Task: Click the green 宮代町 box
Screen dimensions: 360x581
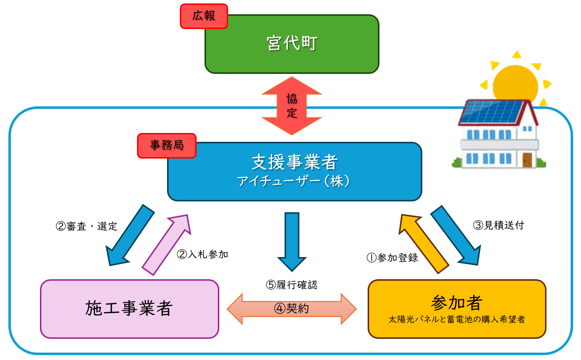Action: coord(292,44)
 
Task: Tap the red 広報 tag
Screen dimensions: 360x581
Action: coord(204,16)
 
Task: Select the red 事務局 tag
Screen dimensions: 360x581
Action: coord(166,146)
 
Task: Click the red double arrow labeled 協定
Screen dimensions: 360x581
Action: coord(292,106)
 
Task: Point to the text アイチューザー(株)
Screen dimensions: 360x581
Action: coord(294,181)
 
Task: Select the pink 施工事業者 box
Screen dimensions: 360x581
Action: coord(129,309)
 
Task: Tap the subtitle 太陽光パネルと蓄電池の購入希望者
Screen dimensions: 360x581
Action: coord(456,320)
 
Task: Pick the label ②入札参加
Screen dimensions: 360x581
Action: coord(203,255)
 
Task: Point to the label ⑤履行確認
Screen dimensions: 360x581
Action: coord(292,284)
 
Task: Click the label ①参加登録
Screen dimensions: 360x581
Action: coord(392,258)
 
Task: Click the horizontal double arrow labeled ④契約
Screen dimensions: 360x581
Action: coord(292,309)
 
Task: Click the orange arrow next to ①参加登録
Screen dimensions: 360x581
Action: coord(423,243)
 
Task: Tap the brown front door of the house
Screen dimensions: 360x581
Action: coord(527,160)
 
